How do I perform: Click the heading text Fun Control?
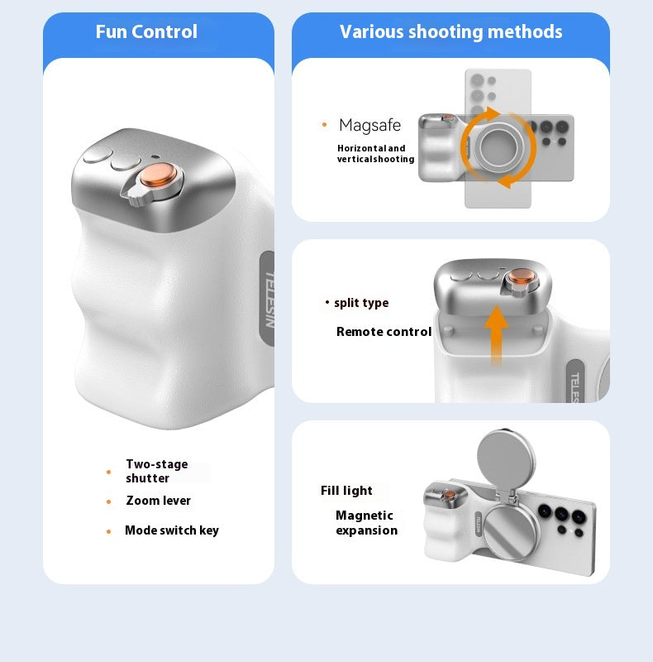(x=146, y=31)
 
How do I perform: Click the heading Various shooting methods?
(x=451, y=31)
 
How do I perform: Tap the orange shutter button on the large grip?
(x=158, y=175)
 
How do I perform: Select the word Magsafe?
(x=370, y=126)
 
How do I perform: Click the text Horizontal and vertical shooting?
(x=375, y=154)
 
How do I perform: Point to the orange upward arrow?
(x=497, y=335)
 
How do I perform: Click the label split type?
(x=361, y=303)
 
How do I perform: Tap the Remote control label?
(x=384, y=332)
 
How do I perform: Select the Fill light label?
(x=346, y=491)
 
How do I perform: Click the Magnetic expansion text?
(x=366, y=523)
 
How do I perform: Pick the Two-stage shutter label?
(x=157, y=471)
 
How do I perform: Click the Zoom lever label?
(x=158, y=501)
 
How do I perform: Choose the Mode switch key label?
(x=172, y=530)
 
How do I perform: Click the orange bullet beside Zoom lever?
(x=109, y=501)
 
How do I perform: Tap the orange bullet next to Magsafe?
(x=324, y=125)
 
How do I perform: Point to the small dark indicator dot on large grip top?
(x=155, y=156)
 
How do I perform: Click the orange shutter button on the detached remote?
(x=522, y=276)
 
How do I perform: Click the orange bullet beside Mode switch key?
(x=109, y=531)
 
